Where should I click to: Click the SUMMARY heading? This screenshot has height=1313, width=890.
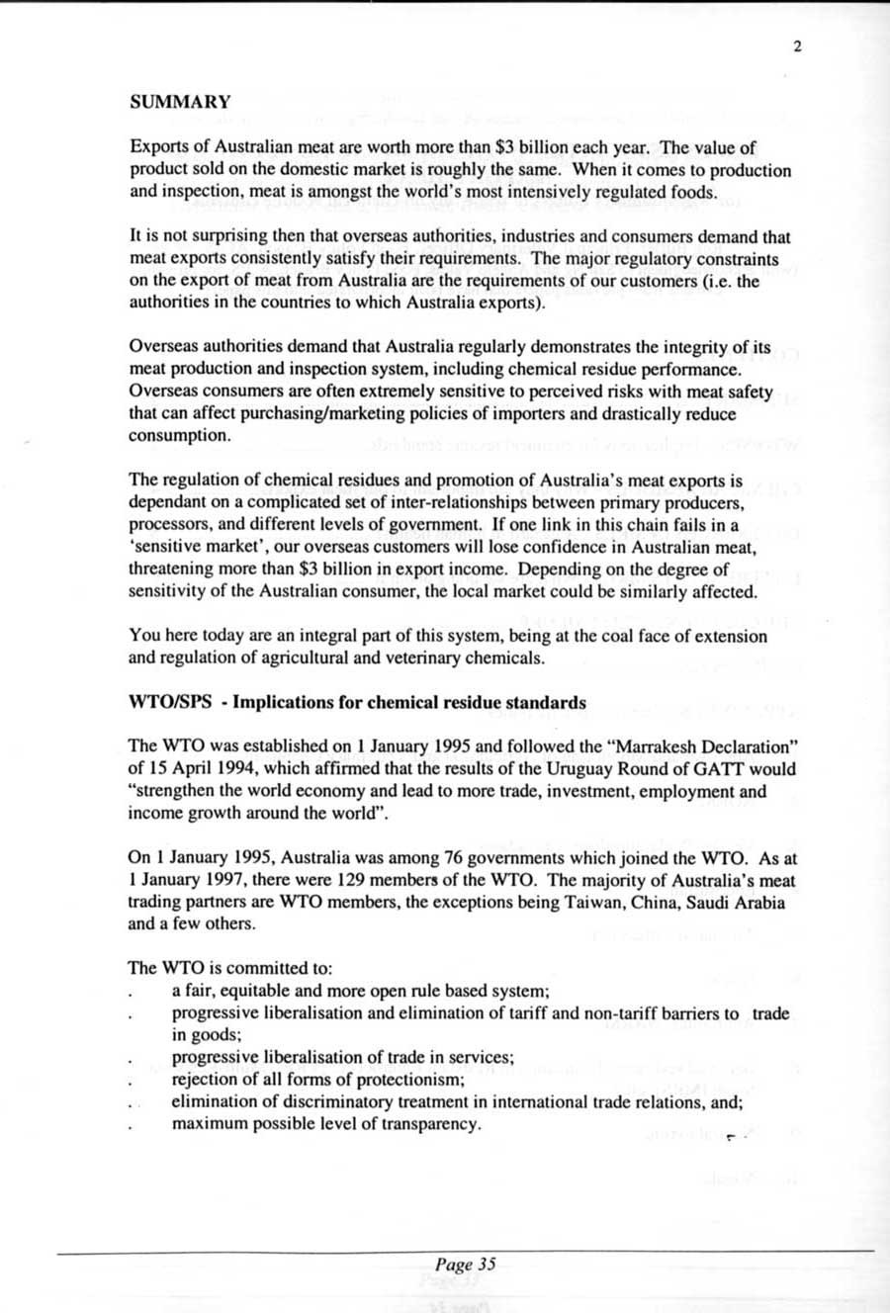pyautogui.click(x=180, y=101)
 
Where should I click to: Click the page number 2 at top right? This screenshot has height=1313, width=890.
pyautogui.click(x=796, y=44)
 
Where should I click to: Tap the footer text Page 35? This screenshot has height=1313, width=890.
pyautogui.click(x=464, y=1264)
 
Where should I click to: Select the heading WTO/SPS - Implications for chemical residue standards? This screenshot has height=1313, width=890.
pyautogui.click(x=357, y=702)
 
